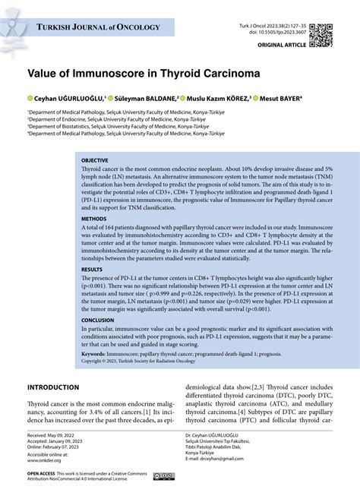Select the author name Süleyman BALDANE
(x=145, y=98)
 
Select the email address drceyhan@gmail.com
(x=219, y=460)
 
